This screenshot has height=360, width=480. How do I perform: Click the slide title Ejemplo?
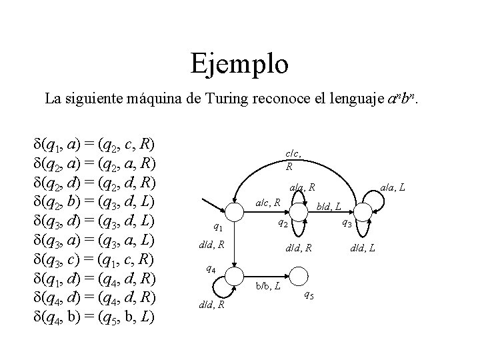tap(239, 64)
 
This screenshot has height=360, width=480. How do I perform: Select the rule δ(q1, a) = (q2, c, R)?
tap(94, 144)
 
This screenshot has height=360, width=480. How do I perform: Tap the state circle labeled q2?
tap(300, 211)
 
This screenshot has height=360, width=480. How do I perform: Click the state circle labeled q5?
tap(300, 275)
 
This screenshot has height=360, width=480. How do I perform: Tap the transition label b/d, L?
tap(329, 207)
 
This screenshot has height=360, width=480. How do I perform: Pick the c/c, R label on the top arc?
tap(291, 160)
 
